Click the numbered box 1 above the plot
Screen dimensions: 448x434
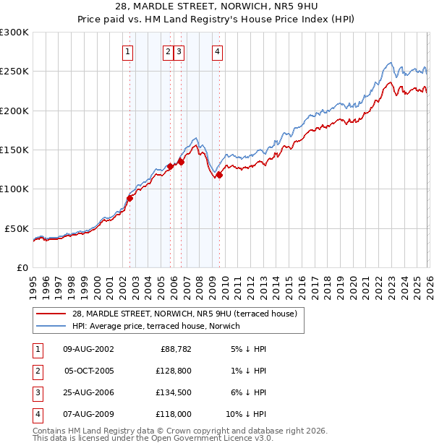[x=128, y=51]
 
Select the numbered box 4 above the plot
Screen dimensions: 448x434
[x=217, y=51]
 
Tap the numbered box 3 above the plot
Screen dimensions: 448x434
[x=179, y=51]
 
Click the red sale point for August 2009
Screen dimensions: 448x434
[x=219, y=174]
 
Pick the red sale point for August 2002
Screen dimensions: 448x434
[x=130, y=198]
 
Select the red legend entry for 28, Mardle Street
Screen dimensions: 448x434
[x=184, y=314]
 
